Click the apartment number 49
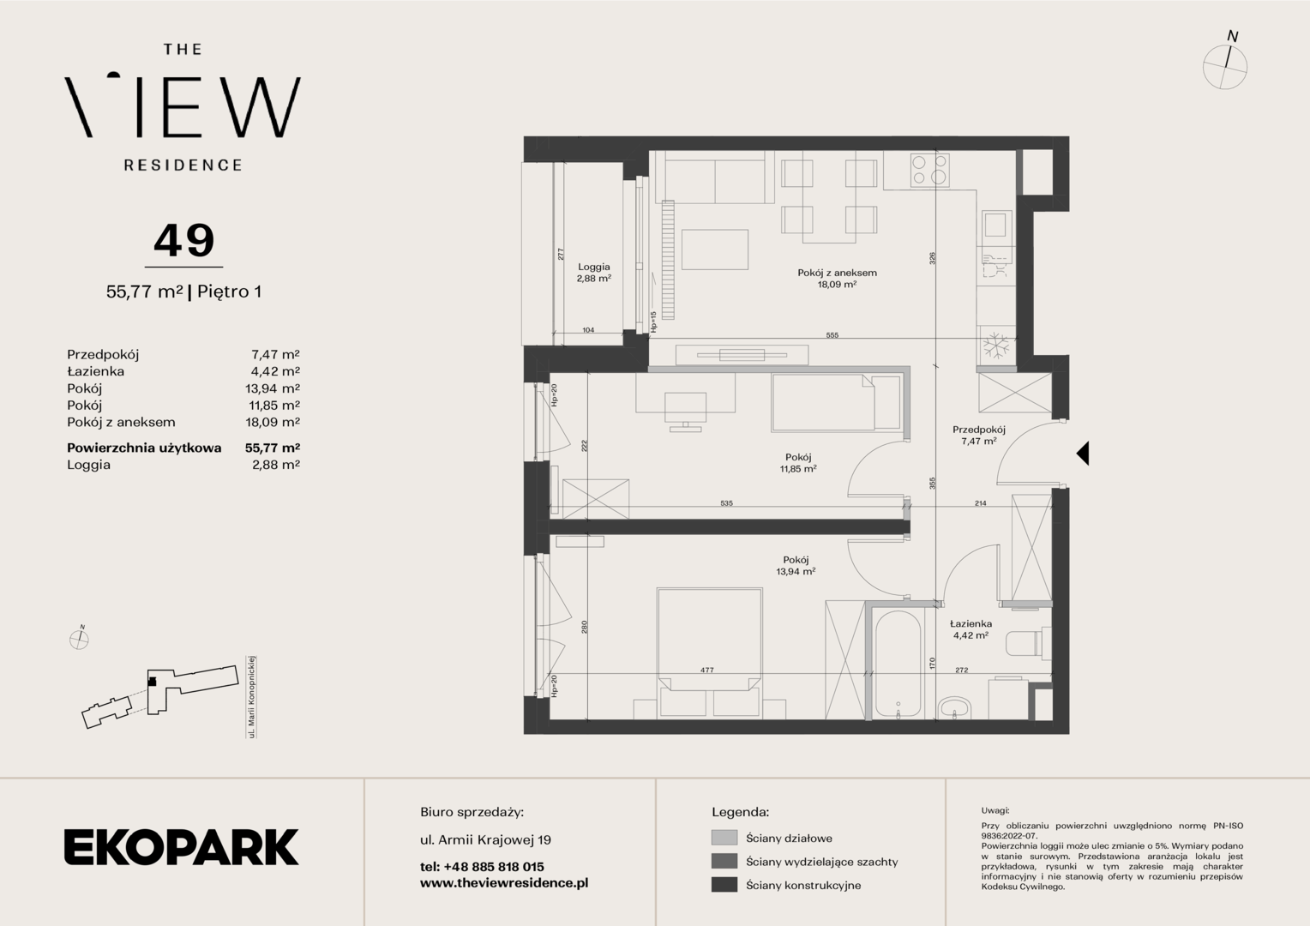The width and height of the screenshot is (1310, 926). point(184,240)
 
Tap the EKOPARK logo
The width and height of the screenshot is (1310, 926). point(181,847)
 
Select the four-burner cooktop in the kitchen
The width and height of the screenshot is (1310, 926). point(930,170)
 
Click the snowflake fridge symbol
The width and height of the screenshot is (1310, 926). point(995,346)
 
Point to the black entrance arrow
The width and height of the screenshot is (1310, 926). point(1083,454)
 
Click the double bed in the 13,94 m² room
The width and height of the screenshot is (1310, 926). point(709,652)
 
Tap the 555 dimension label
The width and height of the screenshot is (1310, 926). point(832,335)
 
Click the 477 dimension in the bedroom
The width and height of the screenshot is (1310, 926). point(707,670)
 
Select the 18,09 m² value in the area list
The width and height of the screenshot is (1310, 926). point(273,422)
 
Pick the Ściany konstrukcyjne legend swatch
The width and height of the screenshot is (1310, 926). point(724,885)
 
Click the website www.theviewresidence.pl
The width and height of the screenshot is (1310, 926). point(504,883)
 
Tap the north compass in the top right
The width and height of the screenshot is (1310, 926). point(1225,63)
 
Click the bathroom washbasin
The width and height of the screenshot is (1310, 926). point(954,708)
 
